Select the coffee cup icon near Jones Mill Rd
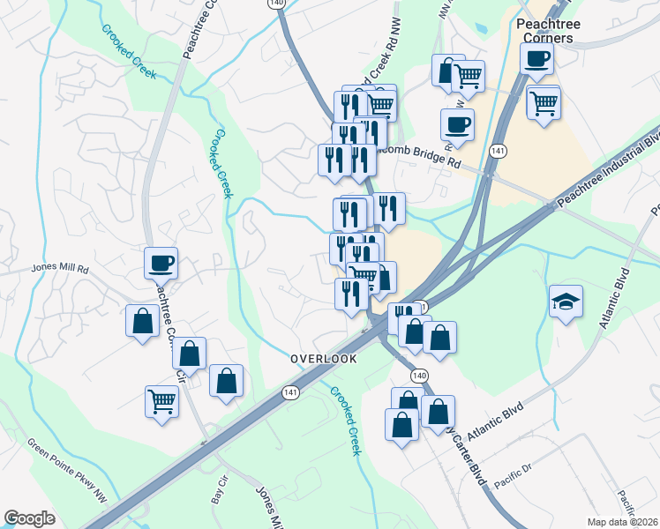pyautogui.click(x=161, y=262)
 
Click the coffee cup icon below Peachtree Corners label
pyautogui.click(x=536, y=59)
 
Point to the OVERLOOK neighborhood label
pyautogui.click(x=325, y=360)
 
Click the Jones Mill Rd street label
pyautogui.click(x=60, y=268)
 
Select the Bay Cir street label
pyautogui.click(x=218, y=493)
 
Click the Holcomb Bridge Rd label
pyautogui.click(x=415, y=156)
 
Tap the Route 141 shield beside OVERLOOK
pyautogui.click(x=289, y=392)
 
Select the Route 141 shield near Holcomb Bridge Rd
pyautogui.click(x=499, y=151)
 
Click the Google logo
pyautogui.click(x=29, y=518)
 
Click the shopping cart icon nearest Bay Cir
pyautogui.click(x=161, y=400)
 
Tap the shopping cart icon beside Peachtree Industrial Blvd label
pyautogui.click(x=544, y=102)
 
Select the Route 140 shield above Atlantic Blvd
pyautogui.click(x=419, y=376)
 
